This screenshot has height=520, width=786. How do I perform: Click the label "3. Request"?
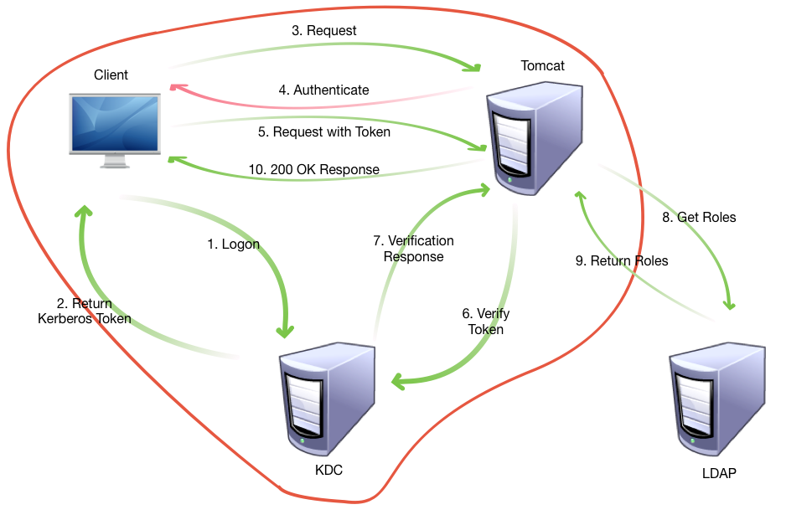pos(324,31)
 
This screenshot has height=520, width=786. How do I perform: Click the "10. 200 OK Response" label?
pos(314,170)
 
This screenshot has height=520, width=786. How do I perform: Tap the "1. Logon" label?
pos(234,245)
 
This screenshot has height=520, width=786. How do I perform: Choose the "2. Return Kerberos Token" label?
pos(85,311)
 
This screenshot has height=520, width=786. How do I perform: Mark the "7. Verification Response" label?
pos(413,249)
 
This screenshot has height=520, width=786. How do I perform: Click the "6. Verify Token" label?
pos(486,322)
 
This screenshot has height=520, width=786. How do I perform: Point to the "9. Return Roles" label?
pos(622,261)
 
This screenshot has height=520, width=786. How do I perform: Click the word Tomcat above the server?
pos(542,65)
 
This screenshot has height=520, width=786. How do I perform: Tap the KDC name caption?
pos(328,471)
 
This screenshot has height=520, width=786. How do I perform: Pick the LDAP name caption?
pos(720,474)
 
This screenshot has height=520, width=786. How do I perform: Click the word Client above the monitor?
pos(111,75)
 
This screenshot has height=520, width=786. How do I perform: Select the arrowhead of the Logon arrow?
pos(285,332)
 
